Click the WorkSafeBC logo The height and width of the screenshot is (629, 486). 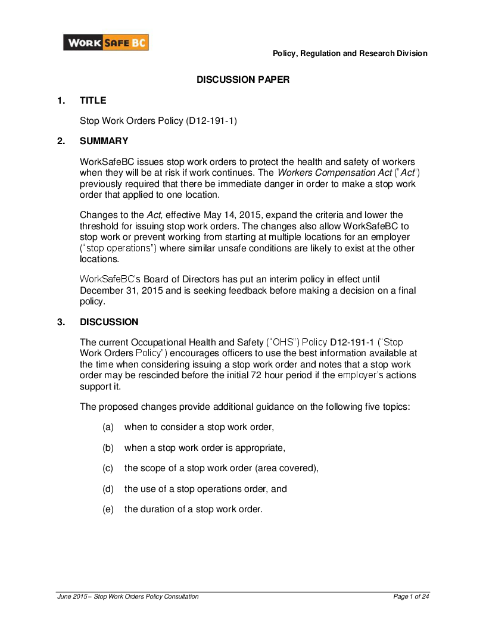[106, 43]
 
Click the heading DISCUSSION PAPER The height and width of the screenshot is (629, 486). [243, 80]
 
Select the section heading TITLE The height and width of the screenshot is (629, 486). [93, 101]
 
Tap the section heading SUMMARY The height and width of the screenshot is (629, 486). [104, 141]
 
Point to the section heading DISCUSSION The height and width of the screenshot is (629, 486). [109, 322]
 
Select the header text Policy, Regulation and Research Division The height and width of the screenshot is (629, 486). [350, 54]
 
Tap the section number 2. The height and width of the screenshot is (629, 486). [60, 141]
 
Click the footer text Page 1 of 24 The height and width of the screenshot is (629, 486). [411, 596]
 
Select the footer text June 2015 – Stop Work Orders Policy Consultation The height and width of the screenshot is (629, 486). [127, 596]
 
